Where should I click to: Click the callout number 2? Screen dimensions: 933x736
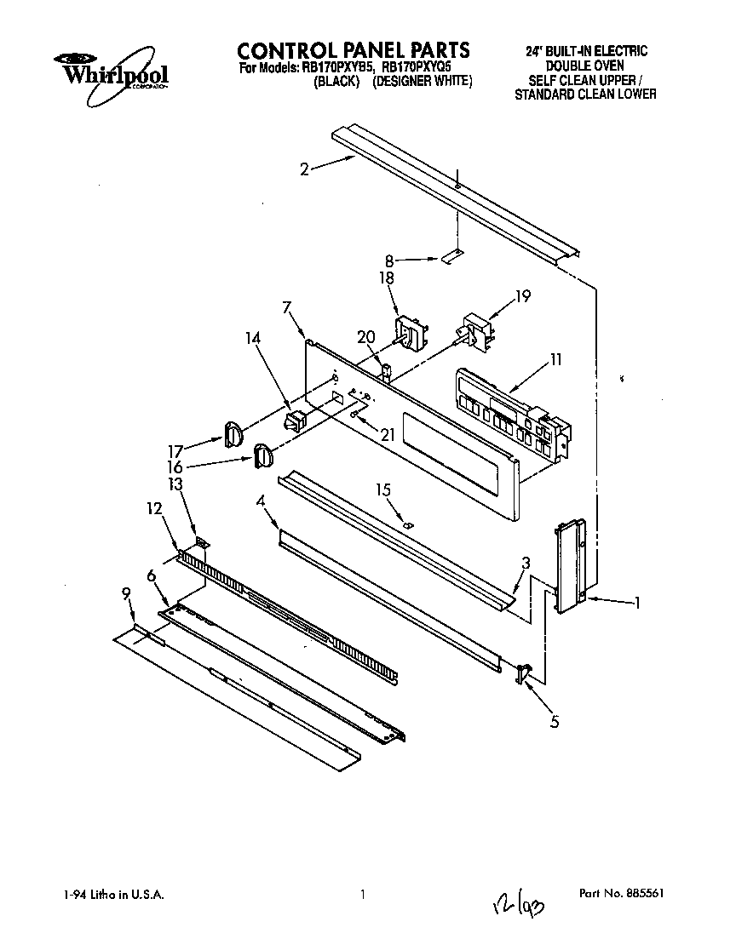pos(304,169)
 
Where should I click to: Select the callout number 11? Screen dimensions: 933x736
pos(555,360)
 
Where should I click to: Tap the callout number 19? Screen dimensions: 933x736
pos(524,297)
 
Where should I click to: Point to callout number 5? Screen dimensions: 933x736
pos(555,723)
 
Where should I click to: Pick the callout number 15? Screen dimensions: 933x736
pos(383,489)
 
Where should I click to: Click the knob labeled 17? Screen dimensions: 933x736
pos(233,433)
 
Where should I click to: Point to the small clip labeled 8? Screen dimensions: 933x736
pos(453,255)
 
